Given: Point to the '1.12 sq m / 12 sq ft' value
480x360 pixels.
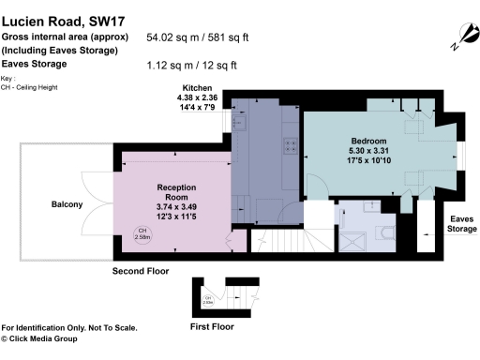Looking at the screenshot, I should pyautogui.click(x=192, y=65).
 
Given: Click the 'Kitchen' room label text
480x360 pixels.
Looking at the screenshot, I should pyautogui.click(x=198, y=86).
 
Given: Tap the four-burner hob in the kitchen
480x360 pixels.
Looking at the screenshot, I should pyautogui.click(x=291, y=145).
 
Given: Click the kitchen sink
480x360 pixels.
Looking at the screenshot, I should pyautogui.click(x=240, y=123).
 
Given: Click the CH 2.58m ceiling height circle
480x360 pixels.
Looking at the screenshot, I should pyautogui.click(x=142, y=234).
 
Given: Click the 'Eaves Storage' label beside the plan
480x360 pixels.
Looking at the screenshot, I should pyautogui.click(x=461, y=222).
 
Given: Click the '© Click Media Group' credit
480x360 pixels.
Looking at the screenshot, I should pyautogui.click(x=49, y=338).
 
